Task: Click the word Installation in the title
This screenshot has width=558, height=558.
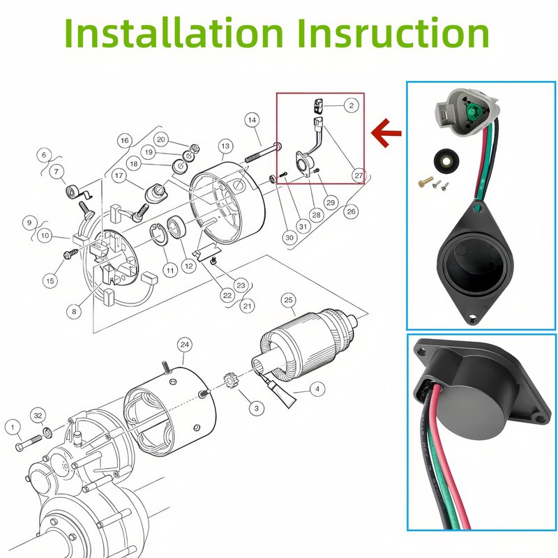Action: [174, 32]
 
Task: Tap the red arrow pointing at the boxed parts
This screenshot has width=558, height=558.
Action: [386, 133]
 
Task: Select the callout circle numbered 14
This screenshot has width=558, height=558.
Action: [252, 120]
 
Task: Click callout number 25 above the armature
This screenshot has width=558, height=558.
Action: [288, 300]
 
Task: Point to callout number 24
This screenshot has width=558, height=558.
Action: [184, 345]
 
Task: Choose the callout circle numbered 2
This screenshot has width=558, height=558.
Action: [352, 105]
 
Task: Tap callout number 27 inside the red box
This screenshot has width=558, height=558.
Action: [359, 175]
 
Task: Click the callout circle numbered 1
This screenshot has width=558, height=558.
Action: [13, 427]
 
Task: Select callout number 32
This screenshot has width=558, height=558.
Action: [38, 415]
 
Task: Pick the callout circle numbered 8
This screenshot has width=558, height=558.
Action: [74, 312]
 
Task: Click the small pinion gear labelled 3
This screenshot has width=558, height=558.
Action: [230, 381]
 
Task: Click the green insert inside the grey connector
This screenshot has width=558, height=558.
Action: [472, 112]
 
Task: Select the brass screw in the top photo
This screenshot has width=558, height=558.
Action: [425, 181]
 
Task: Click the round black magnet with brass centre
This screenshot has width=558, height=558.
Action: [446, 160]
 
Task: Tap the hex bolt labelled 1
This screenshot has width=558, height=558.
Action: [29, 442]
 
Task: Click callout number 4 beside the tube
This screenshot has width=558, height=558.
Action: [317, 389]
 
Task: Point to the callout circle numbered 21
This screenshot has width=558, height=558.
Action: [248, 306]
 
